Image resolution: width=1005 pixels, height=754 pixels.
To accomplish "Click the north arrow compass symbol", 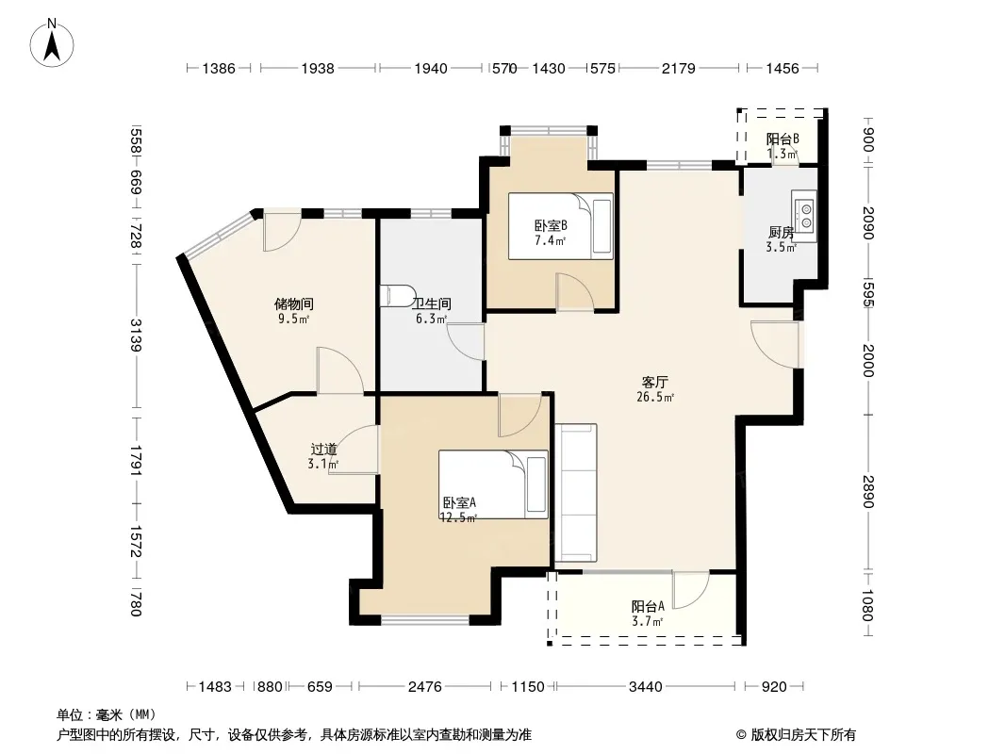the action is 52,43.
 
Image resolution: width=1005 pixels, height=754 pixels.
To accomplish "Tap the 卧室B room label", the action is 551,225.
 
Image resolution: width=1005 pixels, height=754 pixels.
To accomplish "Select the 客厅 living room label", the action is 654,383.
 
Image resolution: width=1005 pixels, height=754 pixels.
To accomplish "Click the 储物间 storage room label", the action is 293,303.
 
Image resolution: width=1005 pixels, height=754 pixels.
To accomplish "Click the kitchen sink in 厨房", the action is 804,216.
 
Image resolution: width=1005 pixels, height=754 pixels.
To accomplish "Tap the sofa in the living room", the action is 576,493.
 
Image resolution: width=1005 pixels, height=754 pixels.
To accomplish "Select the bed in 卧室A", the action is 493,484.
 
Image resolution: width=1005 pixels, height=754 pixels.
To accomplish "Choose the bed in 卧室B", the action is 561,226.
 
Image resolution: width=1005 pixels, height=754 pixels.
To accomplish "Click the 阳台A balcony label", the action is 648,606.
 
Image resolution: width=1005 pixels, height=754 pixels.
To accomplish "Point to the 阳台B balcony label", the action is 782,139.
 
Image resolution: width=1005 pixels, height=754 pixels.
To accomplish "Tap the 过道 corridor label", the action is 323,449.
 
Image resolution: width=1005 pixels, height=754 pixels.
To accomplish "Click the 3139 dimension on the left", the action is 136,335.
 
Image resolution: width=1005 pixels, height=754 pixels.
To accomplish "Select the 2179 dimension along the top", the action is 678,68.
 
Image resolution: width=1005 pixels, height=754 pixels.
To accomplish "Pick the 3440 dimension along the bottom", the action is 645,687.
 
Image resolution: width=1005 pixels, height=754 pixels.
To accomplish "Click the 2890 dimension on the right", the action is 868,491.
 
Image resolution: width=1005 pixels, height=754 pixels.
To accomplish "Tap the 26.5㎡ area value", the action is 655,397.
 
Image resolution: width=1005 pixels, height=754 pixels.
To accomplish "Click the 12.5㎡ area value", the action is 457,517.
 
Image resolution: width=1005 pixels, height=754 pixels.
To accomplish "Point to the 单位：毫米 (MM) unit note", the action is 107,714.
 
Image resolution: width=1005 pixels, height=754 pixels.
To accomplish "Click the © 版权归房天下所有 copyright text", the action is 796,735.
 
